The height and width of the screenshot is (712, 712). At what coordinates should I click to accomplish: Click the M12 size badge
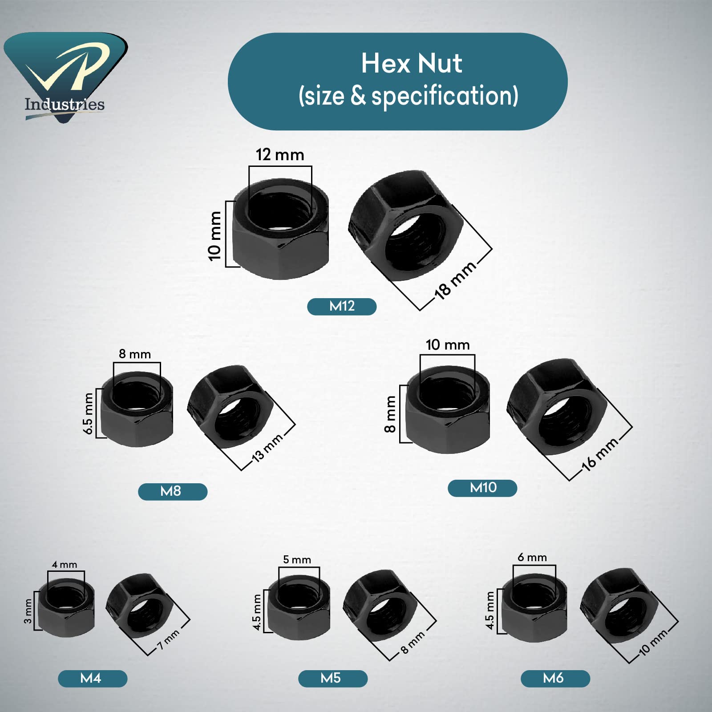point(342,306)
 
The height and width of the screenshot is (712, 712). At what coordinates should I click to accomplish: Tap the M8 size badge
point(173,491)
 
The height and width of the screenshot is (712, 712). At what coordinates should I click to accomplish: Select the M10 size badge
point(482,488)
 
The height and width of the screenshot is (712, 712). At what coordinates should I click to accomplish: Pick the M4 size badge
point(93,678)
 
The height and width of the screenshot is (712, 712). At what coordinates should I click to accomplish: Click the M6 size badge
point(555,678)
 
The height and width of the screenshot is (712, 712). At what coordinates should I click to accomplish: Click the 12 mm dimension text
point(280,155)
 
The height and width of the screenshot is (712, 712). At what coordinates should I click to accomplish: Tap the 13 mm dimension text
point(267,448)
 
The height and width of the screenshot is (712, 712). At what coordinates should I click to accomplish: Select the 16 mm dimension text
point(599,454)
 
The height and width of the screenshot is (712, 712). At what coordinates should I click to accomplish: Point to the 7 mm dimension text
point(169,639)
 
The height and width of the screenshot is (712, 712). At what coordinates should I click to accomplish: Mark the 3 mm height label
point(28,611)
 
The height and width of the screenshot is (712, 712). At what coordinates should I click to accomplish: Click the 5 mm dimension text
point(297,559)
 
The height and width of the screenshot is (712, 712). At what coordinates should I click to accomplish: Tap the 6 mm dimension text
point(532,557)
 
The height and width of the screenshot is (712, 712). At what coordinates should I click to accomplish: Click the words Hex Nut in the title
point(411,63)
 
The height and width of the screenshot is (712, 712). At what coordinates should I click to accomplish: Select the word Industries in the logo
point(65,105)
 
